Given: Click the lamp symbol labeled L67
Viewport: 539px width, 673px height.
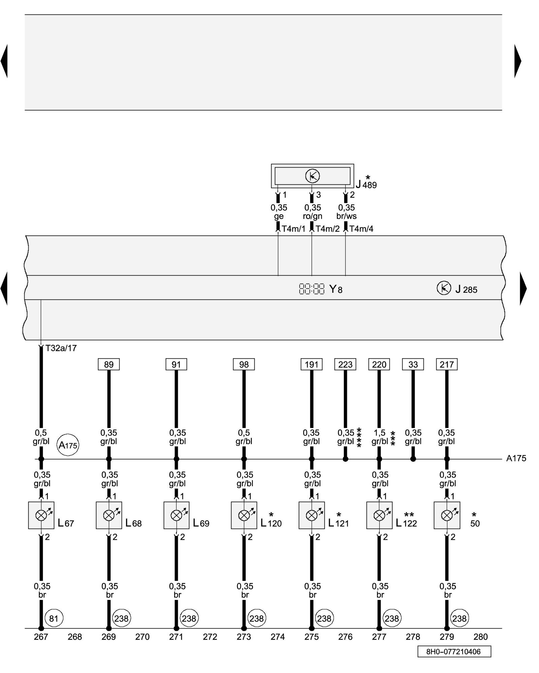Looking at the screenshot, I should [x=41, y=515].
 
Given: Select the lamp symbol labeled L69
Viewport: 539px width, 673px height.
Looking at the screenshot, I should [x=177, y=515].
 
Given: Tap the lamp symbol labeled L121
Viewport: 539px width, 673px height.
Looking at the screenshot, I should [x=312, y=515].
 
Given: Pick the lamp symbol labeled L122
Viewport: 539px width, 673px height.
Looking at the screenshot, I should [x=379, y=515].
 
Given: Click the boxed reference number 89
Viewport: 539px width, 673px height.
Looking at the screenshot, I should [x=108, y=364].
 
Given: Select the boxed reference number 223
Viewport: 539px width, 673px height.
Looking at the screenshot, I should [x=345, y=364].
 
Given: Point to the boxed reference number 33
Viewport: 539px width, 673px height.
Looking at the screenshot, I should [x=413, y=364].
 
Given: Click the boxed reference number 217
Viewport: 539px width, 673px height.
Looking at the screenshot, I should [x=447, y=364].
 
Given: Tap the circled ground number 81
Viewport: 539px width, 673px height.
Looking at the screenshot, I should [x=54, y=618].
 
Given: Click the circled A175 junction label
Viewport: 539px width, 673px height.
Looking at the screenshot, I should [x=68, y=445].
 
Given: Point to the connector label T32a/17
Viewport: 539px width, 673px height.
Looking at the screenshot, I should [x=61, y=348].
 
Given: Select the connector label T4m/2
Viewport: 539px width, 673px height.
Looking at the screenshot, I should [x=327, y=229].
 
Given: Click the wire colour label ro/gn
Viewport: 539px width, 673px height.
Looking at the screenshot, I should [x=312, y=216].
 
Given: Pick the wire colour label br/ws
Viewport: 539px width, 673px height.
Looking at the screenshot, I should [x=346, y=216].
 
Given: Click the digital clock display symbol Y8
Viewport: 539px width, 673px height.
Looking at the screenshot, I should [x=312, y=289].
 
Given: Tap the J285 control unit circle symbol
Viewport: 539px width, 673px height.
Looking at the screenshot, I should [x=444, y=288].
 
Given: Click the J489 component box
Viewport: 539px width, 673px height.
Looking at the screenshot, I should [x=312, y=176].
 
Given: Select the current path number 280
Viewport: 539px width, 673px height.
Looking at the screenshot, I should [x=480, y=637].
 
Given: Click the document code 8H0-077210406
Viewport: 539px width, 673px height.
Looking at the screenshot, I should [x=454, y=651].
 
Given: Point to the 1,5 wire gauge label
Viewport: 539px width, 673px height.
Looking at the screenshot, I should [x=379, y=433].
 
